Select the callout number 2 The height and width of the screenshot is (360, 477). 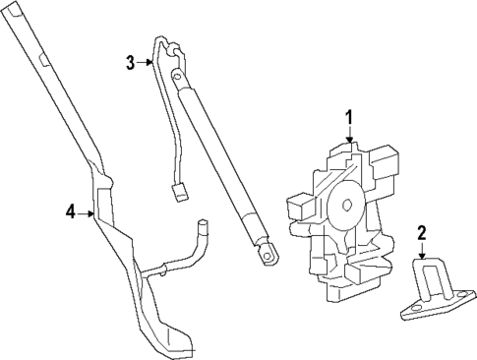tap(421, 233)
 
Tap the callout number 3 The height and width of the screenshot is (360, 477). tap(129, 64)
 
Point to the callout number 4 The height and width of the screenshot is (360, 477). tap(69, 210)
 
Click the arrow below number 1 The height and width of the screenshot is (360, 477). tap(347, 137)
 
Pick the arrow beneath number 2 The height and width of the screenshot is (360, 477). tap(421, 252)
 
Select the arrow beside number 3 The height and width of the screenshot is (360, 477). tap(145, 64)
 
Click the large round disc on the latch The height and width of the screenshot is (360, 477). tap(345, 206)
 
